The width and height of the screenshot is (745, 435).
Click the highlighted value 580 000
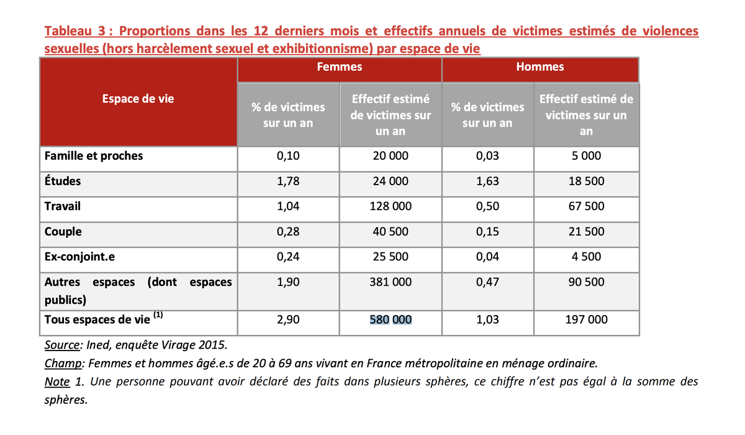(x=391, y=320)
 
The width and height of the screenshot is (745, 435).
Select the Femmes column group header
(x=339, y=66)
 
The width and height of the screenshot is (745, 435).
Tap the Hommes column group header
(x=540, y=66)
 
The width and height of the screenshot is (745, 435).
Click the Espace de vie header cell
(x=138, y=99)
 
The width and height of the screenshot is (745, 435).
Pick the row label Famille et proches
(x=94, y=156)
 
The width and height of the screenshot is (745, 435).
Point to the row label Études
(x=63, y=181)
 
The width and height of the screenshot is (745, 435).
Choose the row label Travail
(x=63, y=206)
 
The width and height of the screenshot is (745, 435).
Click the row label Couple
(x=63, y=232)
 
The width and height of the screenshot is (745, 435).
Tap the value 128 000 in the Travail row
(x=391, y=207)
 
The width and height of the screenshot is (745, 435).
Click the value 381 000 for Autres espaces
(x=391, y=282)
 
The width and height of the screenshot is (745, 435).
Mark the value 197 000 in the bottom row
(x=586, y=320)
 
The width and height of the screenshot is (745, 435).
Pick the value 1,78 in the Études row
(x=288, y=181)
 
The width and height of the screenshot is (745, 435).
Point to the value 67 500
(x=586, y=207)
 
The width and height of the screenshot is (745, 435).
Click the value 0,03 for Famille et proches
(x=487, y=156)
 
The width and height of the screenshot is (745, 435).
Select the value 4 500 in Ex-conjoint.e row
(x=586, y=257)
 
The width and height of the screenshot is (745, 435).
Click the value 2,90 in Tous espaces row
(x=288, y=320)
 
